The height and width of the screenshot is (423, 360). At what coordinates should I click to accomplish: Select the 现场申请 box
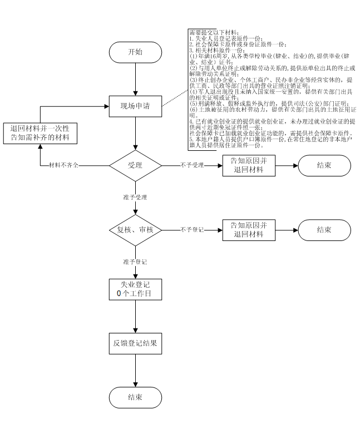[135, 106]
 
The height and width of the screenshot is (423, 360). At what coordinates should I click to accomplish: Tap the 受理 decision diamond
[135, 166]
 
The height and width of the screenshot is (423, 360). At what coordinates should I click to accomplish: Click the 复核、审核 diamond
[135, 230]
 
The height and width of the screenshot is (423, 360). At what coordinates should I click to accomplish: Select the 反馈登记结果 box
[135, 343]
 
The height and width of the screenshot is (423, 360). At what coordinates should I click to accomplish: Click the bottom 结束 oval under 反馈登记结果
[135, 397]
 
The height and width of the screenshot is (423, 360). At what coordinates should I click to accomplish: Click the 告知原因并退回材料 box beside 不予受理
[249, 166]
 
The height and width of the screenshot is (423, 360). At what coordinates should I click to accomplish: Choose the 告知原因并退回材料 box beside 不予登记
[249, 230]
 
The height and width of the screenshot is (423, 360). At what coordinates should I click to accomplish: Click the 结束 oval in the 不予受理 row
[325, 166]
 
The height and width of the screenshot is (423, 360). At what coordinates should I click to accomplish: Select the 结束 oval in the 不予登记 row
[325, 230]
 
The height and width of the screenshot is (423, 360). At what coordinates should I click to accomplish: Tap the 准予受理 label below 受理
[135, 197]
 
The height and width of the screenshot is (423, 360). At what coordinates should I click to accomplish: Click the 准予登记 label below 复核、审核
[135, 261]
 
